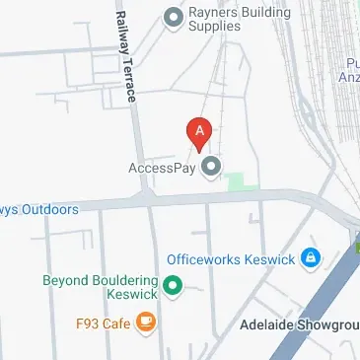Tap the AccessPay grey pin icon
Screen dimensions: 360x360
coord(210,167)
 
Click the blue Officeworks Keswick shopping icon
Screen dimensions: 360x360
coord(311,258)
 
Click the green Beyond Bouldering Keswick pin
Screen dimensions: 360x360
coord(174,287)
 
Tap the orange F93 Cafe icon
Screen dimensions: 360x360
coord(145,322)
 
